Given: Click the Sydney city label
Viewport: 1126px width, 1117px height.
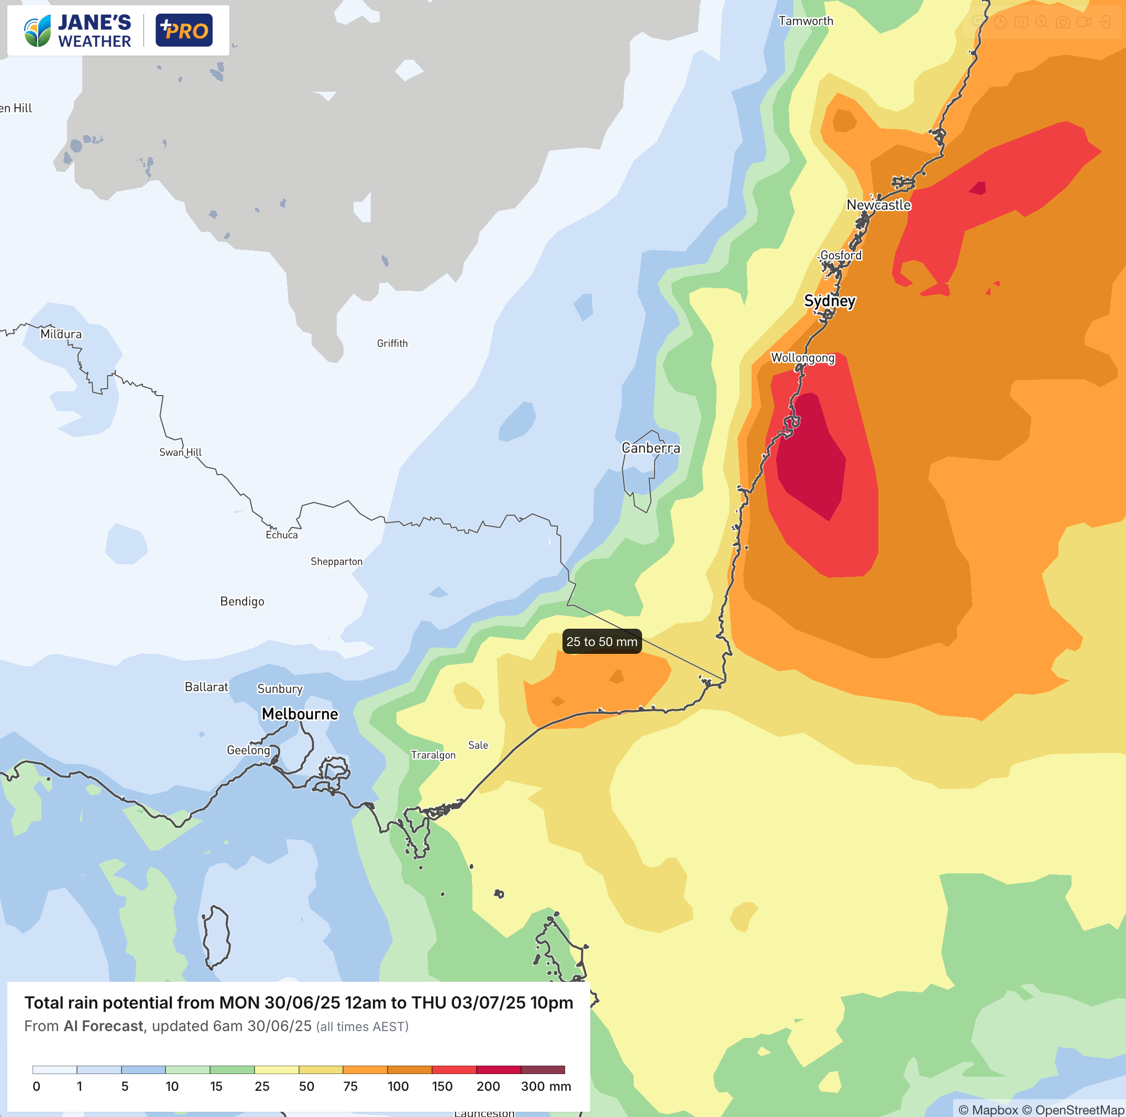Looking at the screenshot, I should [x=830, y=301].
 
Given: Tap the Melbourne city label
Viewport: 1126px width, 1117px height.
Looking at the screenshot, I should [x=300, y=714].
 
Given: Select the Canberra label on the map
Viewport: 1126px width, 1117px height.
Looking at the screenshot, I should [x=650, y=448].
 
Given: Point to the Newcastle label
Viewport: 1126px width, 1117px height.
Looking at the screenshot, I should [x=878, y=205].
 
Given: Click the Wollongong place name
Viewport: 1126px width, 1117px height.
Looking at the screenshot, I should [x=802, y=357].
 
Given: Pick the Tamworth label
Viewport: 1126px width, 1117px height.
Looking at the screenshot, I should [x=805, y=21].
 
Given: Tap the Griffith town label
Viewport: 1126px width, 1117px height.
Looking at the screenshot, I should [x=392, y=343].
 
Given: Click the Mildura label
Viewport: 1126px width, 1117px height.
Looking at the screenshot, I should [x=61, y=334].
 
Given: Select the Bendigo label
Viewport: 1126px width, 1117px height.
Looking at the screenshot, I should [x=242, y=601].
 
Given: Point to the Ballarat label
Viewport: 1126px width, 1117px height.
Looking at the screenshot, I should [x=206, y=687].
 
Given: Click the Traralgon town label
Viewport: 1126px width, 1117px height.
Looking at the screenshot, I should [x=433, y=755].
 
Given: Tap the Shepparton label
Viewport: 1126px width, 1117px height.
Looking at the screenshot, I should [x=336, y=562].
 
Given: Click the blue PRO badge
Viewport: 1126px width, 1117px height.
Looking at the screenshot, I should [x=184, y=30].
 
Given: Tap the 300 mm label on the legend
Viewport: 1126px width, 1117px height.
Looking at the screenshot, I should [x=546, y=1086].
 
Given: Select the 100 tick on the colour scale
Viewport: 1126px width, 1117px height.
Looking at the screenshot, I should [x=398, y=1086].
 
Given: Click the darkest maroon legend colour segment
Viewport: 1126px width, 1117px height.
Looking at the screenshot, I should [x=543, y=1070].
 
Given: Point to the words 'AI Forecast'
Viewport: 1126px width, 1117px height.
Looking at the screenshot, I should [x=103, y=1026].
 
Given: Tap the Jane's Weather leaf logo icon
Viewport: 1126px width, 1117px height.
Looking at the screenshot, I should [x=37, y=31].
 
